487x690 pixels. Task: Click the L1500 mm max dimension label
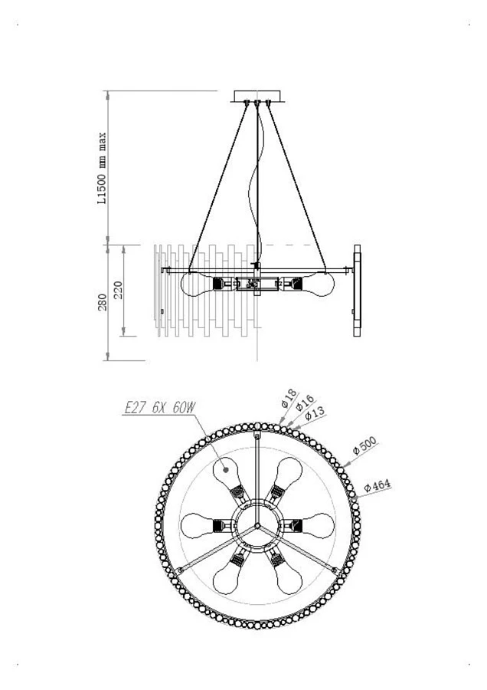pos(101,169)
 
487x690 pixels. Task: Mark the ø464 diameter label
pos(378,487)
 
